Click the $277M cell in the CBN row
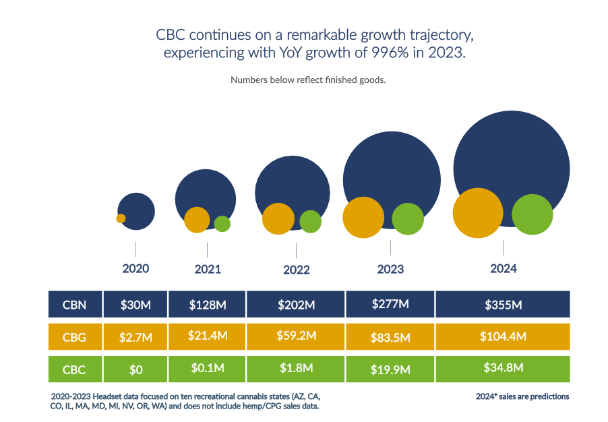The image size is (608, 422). point(390,304)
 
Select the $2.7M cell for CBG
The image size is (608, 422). point(135,336)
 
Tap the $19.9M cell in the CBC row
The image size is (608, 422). point(390,368)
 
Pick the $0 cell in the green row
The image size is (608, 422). point(135,368)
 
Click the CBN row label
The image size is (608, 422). point(74,304)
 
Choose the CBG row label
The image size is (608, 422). point(74,336)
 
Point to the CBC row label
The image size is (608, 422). point(74,368)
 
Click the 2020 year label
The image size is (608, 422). point(135,268)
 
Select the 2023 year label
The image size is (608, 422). point(390,269)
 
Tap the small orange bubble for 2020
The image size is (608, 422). point(121,218)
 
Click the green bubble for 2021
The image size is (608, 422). point(222,223)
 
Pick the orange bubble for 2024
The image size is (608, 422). point(478,213)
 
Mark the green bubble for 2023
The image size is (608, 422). point(408,218)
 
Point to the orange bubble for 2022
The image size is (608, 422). point(278,218)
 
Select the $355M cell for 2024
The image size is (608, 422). point(503,304)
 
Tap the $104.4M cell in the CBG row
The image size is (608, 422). point(503,336)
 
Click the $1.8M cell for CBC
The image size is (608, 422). point(296,368)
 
